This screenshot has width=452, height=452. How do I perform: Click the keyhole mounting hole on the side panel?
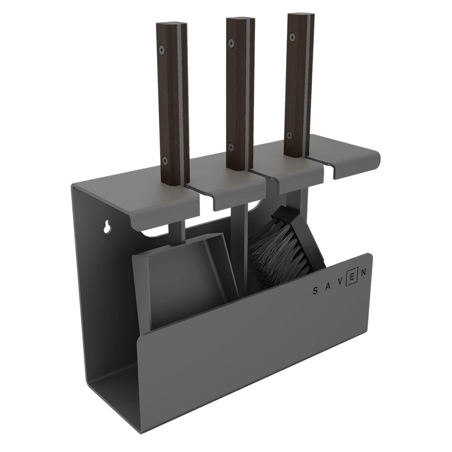[x=108, y=227]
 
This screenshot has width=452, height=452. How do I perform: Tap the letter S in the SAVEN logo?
[x=315, y=291]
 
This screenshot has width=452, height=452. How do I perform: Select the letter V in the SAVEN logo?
[x=341, y=282]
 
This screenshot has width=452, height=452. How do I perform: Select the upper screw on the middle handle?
[x=231, y=43]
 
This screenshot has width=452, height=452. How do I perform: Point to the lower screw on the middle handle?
[x=231, y=147]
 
